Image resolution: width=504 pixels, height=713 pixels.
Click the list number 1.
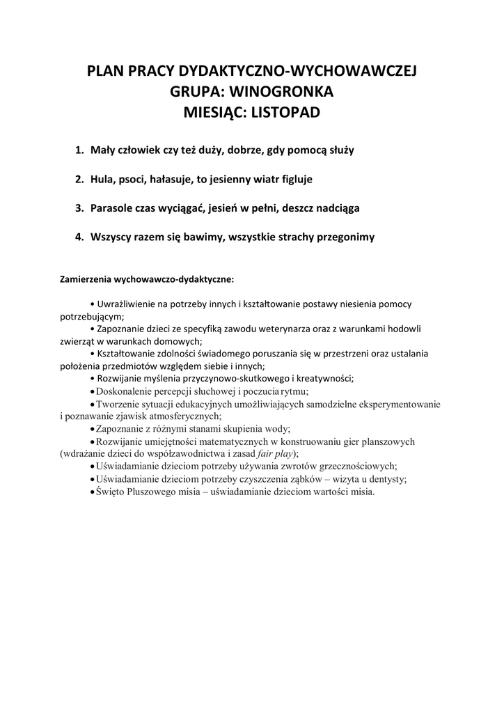pos(78,150)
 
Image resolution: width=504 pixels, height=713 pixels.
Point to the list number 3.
pos(78,208)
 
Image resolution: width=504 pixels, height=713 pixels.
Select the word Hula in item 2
pos(102,179)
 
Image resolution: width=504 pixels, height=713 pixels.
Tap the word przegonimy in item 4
pos(342,237)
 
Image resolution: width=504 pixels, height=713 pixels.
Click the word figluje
pos(295,179)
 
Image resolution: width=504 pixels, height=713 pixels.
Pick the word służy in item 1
pos(340,150)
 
